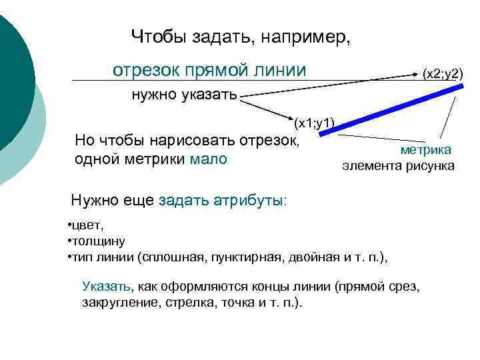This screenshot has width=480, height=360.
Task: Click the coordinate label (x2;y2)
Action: (443, 73)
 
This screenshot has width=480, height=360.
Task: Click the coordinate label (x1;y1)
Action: (314, 122)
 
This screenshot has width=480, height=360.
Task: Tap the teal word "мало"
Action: (209, 159)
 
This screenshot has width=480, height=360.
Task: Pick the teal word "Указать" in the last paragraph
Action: (107, 287)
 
